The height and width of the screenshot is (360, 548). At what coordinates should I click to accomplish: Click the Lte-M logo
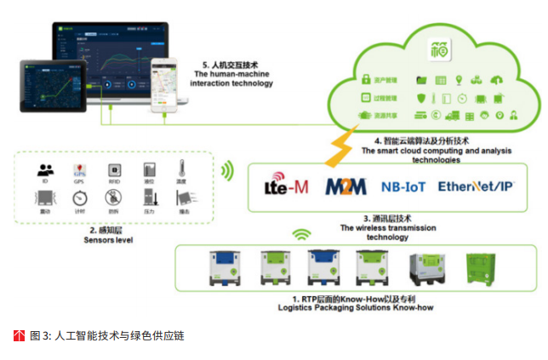coord(285,186)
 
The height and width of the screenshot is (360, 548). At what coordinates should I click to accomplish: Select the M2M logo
coord(345,186)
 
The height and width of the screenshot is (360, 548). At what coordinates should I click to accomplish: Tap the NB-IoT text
coord(404,186)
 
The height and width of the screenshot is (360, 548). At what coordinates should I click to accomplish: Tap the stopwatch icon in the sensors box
coord(79,198)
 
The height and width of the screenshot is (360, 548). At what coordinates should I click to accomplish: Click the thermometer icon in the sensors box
coord(181,169)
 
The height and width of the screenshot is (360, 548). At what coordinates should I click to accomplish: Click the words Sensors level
coord(110,240)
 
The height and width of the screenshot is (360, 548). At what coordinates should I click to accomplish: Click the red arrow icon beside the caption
coord(20,335)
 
